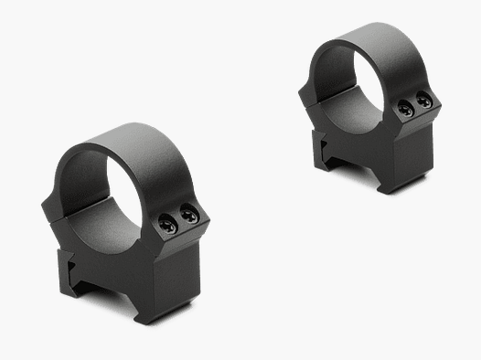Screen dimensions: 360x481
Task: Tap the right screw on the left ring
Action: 188,216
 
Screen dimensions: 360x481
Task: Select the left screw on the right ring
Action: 405,109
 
